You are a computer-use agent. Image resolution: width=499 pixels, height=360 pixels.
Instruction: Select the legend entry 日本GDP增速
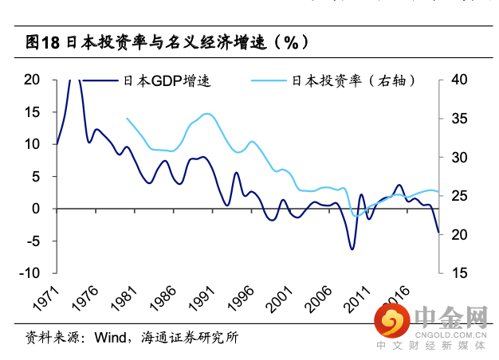(167, 80)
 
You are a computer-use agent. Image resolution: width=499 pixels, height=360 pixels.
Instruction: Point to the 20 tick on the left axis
(33, 80)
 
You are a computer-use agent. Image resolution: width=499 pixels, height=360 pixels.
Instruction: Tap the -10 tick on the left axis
(29, 273)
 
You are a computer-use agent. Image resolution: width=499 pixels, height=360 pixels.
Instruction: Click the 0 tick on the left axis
(37, 209)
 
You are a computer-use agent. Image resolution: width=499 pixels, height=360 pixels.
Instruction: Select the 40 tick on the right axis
(459, 80)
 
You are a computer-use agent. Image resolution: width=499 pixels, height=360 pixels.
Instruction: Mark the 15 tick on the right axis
(458, 273)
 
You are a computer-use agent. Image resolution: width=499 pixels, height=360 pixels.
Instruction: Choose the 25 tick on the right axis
(459, 196)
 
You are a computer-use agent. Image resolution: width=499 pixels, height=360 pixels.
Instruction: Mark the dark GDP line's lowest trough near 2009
(351, 249)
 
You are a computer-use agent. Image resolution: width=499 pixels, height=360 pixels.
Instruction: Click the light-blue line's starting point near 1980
(127, 118)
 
